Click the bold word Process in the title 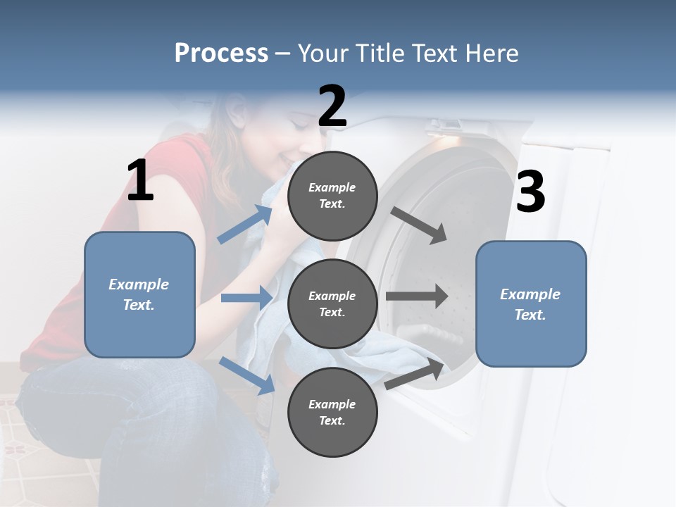221,54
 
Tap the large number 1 140,181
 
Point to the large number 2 332,106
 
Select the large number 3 530,192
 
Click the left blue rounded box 139,294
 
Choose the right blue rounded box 531,303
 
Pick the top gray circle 332,196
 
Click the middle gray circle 332,303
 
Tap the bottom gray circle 332,412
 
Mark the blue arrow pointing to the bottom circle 246,375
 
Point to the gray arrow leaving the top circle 419,225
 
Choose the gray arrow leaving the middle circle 417,296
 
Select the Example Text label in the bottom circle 332,412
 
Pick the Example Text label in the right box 530,304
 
